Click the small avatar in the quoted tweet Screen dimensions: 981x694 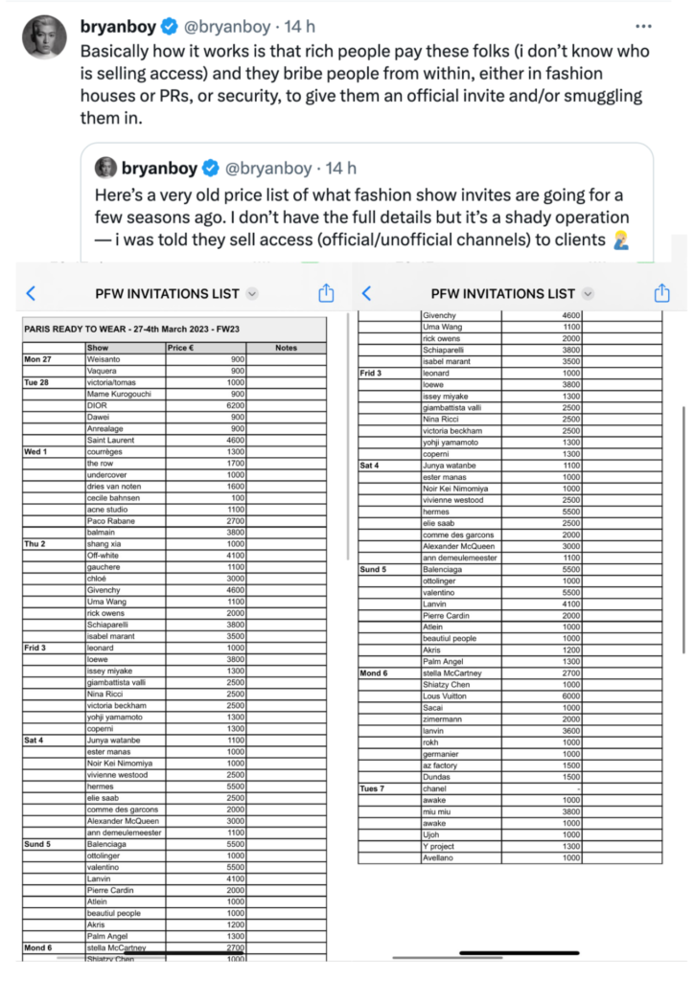coord(105,168)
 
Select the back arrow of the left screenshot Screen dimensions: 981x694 coord(31,293)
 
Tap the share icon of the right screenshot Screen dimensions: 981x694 coord(661,293)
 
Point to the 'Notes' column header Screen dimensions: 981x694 coord(286,348)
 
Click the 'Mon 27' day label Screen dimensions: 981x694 coord(38,358)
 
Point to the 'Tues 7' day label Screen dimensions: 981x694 coord(373,788)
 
